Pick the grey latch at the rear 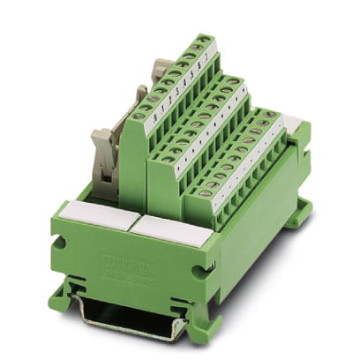point(161,73)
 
